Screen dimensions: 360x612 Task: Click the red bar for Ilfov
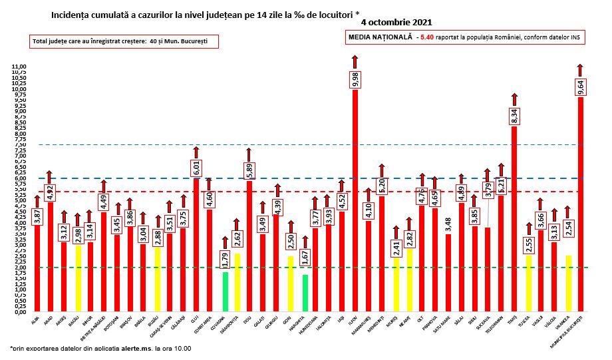click(x=355, y=200)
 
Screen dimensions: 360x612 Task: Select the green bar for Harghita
click(x=305, y=293)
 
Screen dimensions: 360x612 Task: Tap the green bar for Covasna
click(x=225, y=291)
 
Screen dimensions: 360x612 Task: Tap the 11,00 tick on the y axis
click(x=18, y=67)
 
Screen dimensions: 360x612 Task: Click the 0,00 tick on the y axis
click(x=19, y=311)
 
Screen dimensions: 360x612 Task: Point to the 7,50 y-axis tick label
click(x=19, y=145)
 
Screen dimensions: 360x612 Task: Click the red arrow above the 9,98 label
click(x=355, y=62)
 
